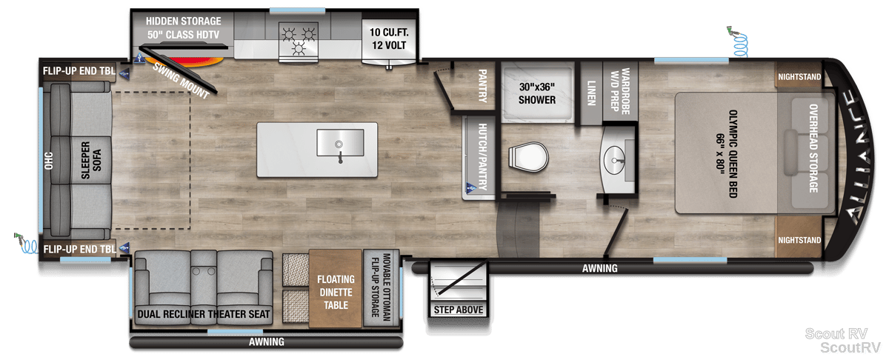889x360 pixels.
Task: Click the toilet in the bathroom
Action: (528, 157)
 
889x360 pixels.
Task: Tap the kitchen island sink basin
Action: (340, 142)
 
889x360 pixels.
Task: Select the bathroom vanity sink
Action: (614, 160)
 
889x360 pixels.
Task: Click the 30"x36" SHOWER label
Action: (537, 93)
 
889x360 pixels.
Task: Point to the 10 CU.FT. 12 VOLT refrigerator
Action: (389, 40)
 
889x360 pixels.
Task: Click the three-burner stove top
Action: (299, 41)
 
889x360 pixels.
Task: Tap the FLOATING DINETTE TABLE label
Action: (336, 292)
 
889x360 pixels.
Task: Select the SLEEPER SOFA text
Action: (91, 160)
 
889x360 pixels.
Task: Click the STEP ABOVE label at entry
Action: (459, 310)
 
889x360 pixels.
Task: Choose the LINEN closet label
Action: (591, 93)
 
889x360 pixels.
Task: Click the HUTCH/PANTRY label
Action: (482, 156)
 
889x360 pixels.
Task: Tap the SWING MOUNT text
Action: (182, 81)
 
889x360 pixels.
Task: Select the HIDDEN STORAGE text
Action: (184, 21)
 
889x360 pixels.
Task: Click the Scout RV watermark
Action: (836, 333)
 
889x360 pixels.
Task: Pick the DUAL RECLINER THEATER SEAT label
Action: (203, 314)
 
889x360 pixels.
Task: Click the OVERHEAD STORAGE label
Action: (813, 148)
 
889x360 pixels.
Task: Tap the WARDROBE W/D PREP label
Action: (620, 91)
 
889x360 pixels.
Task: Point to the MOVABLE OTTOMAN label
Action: (387, 287)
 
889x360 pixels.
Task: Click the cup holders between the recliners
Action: (204, 272)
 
